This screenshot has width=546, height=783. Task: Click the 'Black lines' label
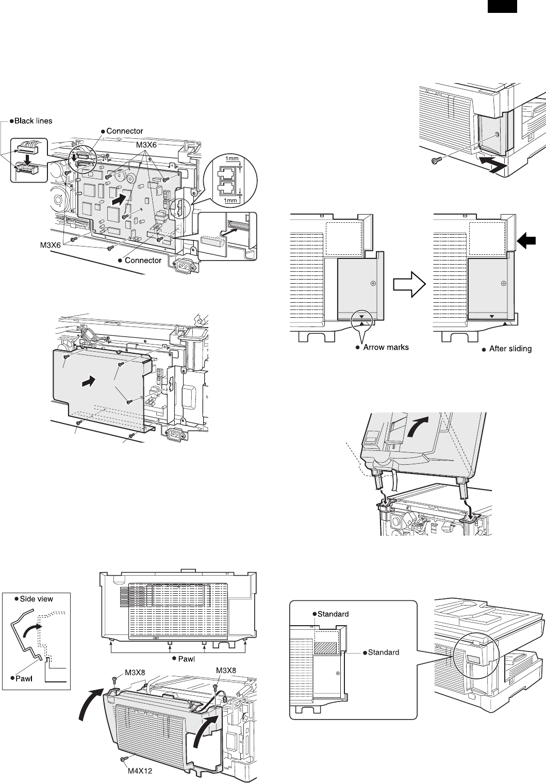tap(33, 121)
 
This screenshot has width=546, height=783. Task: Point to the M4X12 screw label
tap(140, 771)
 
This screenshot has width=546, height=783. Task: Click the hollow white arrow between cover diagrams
tap(410, 284)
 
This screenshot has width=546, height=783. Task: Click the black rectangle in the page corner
tap(502, 6)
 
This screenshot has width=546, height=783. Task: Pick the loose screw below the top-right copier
tap(436, 160)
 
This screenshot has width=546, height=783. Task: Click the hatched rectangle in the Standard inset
tap(325, 648)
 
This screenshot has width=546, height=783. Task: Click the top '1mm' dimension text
tap(232, 158)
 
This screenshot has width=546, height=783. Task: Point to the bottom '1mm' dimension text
tap(230, 200)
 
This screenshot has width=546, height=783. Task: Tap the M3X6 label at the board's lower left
tap(51, 246)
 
